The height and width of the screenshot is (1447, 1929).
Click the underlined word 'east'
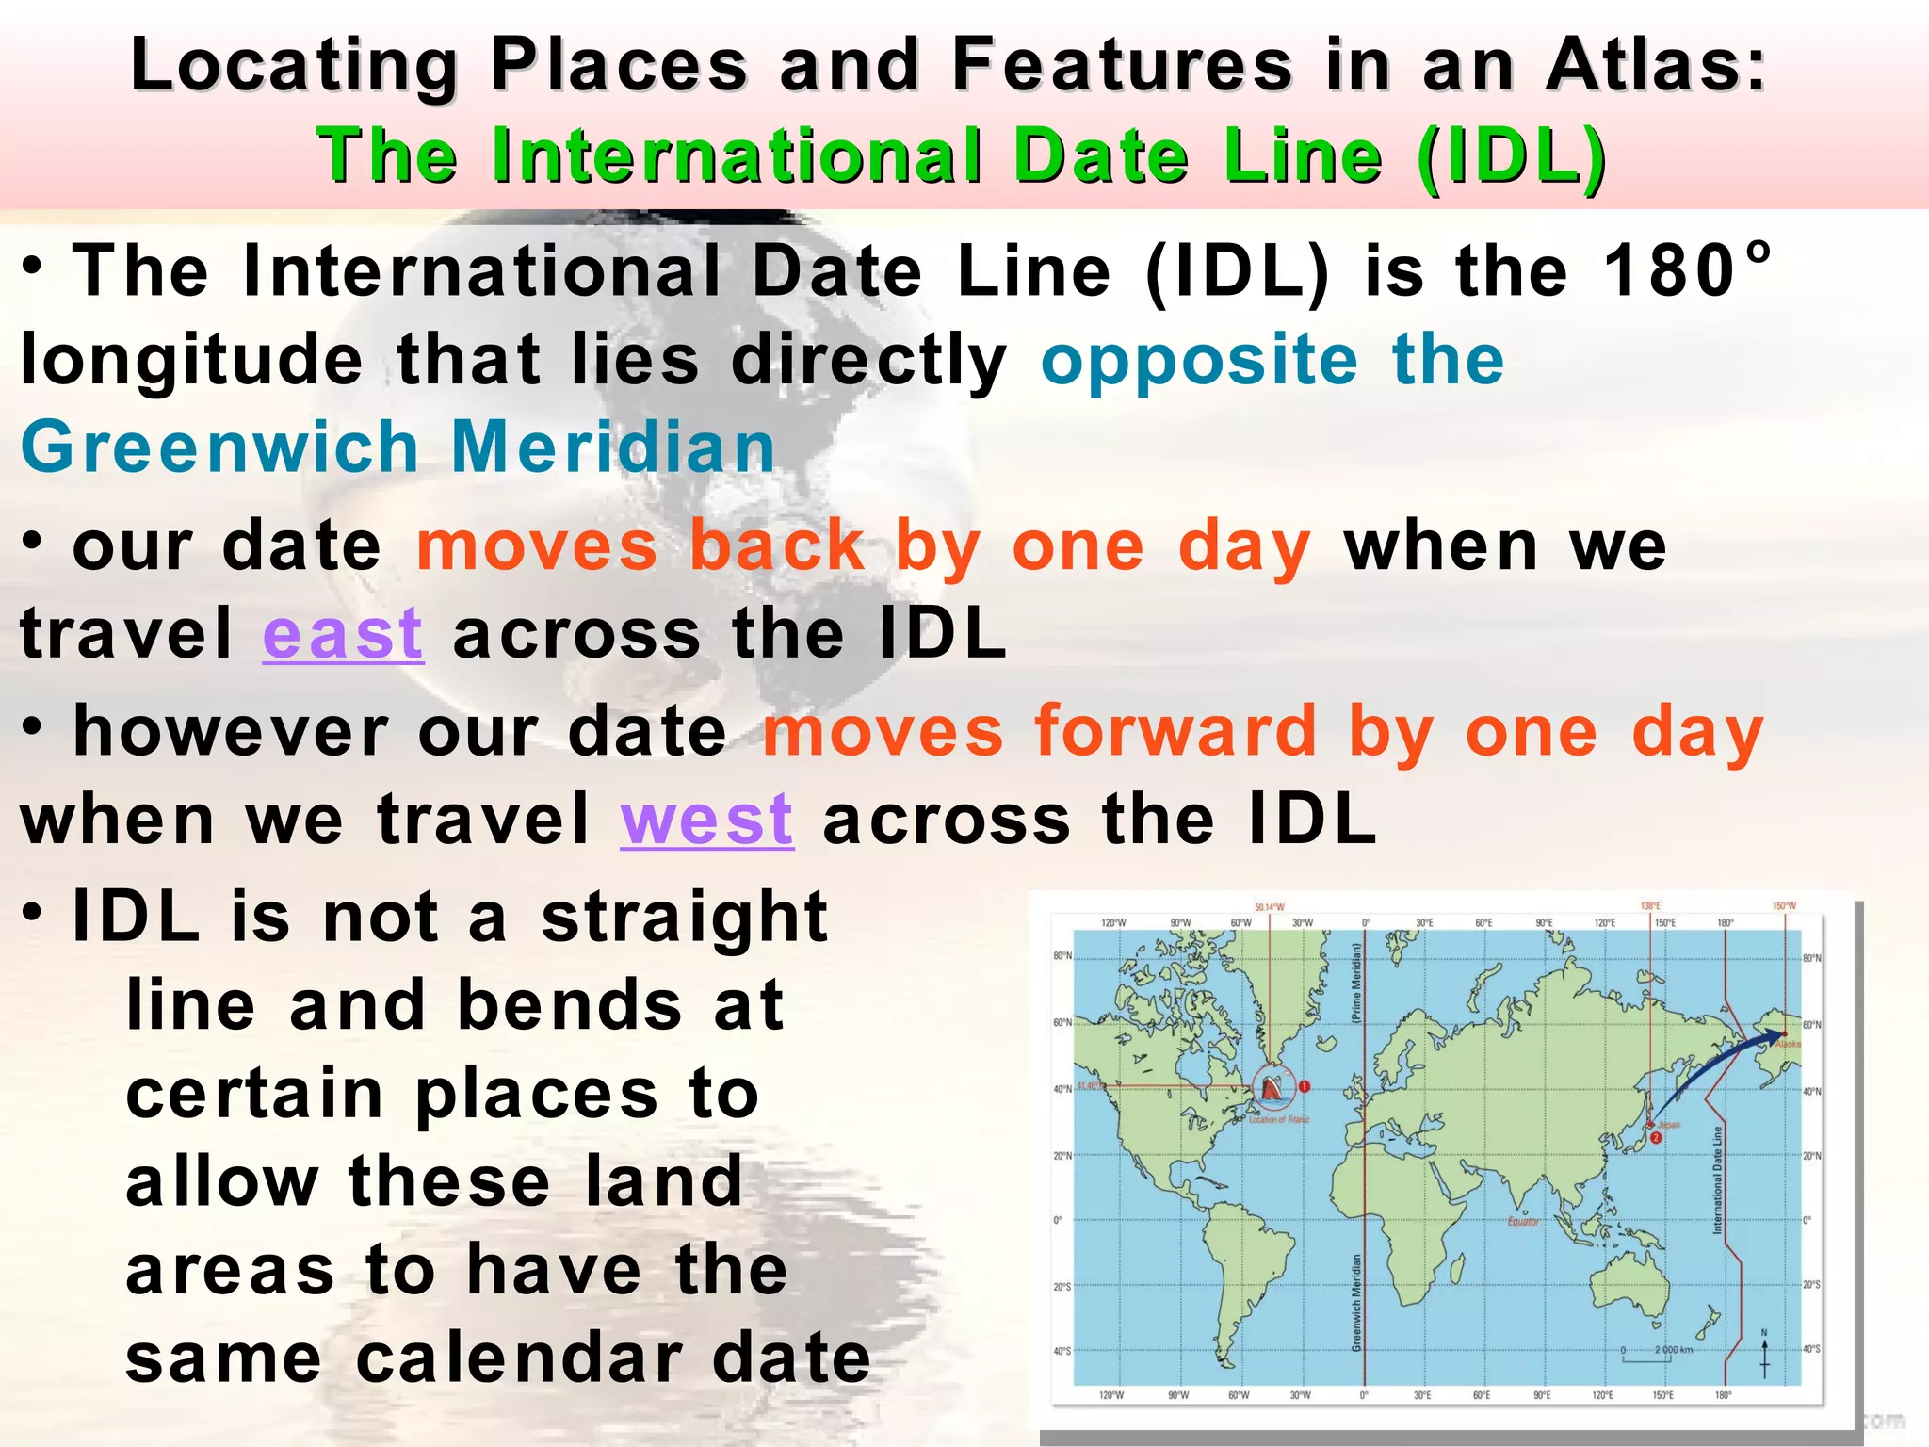coord(343,634)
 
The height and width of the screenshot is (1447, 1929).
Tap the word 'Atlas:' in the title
coord(1656,66)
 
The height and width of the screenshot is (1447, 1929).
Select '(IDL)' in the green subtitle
coord(1511,155)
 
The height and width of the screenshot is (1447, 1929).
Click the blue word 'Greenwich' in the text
coord(219,447)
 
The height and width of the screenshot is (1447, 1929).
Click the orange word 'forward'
coord(1175,732)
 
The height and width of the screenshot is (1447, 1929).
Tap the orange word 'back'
coord(776,546)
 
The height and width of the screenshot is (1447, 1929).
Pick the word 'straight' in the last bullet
coord(685,917)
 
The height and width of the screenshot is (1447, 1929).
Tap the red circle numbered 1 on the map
coord(1305,1086)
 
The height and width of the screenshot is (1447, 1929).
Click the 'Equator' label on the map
coord(1523,1222)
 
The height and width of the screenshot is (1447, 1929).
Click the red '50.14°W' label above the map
coord(1269,907)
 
